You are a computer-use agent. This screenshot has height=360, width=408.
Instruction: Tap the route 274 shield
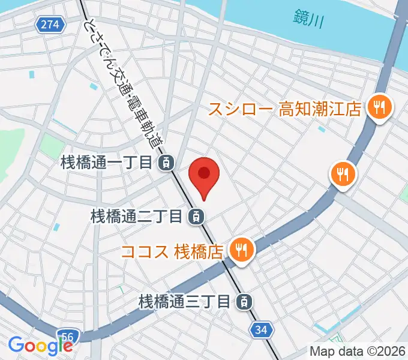click(x=50, y=25)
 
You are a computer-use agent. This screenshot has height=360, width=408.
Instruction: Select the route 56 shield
click(x=68, y=337)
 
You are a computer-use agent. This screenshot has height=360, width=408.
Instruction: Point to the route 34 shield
click(x=261, y=329)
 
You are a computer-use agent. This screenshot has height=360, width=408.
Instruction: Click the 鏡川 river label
click(x=310, y=19)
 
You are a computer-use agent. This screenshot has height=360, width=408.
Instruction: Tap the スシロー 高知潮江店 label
click(x=285, y=109)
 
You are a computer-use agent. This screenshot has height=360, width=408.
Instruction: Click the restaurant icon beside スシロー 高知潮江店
click(x=379, y=108)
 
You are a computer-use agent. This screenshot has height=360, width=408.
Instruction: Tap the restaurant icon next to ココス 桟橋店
click(x=242, y=249)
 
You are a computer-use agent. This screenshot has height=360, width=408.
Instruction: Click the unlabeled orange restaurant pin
click(x=343, y=175)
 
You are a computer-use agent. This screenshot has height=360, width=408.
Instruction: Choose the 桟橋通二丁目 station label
click(x=136, y=216)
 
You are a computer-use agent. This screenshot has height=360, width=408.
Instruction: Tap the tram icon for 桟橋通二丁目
click(x=195, y=216)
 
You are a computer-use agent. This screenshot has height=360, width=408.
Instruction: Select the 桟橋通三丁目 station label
click(x=184, y=301)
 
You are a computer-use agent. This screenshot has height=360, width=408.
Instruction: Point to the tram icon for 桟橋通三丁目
click(x=243, y=301)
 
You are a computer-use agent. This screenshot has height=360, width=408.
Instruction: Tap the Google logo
click(x=40, y=346)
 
